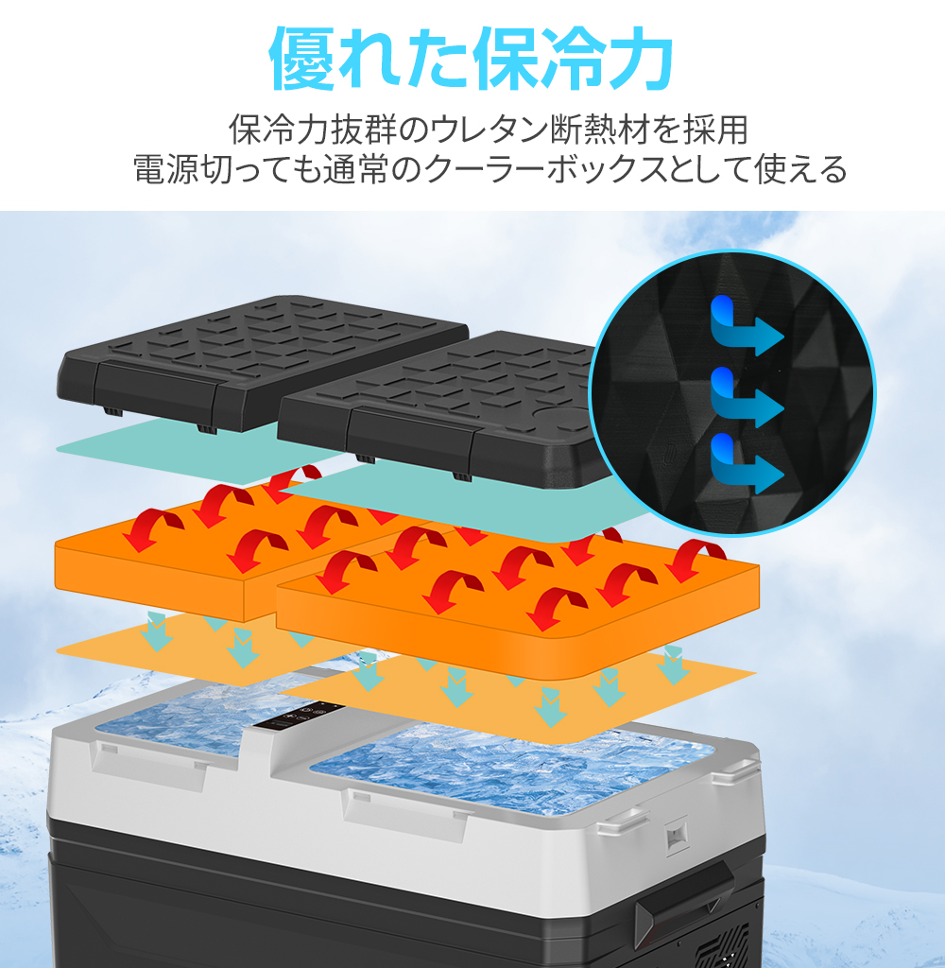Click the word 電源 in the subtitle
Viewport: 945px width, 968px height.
(x=163, y=170)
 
